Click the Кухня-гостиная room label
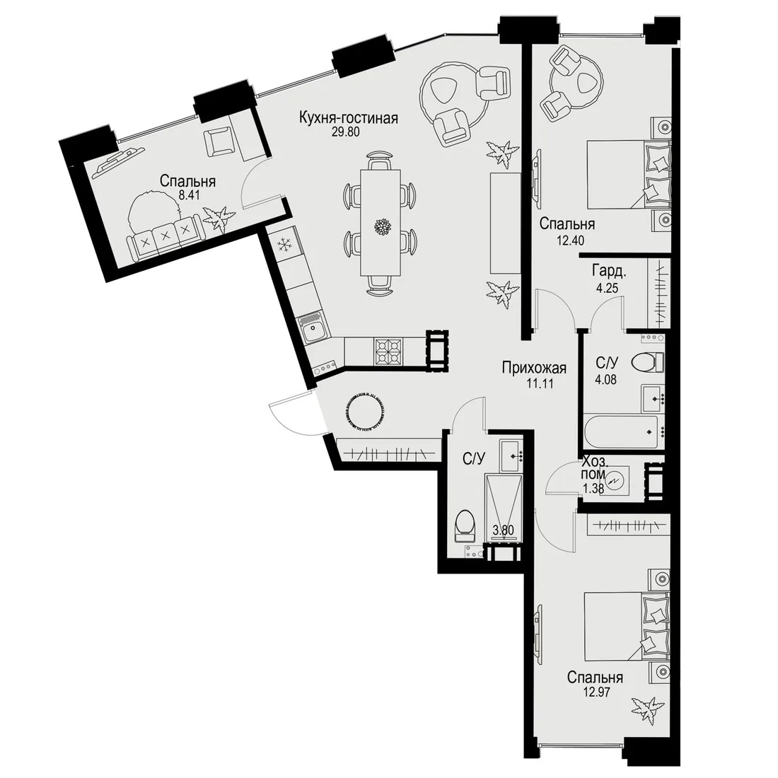[x=348, y=119]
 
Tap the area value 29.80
[x=345, y=132]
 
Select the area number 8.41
[x=189, y=195]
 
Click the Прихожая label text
[x=534, y=368]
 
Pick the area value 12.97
[x=596, y=691]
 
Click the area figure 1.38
[x=593, y=488]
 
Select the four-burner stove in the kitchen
[x=390, y=352]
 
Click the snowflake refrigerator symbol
[x=284, y=245]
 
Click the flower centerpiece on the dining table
[x=382, y=226]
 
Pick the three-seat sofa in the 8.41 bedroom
[x=164, y=238]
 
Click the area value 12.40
[x=569, y=240]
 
